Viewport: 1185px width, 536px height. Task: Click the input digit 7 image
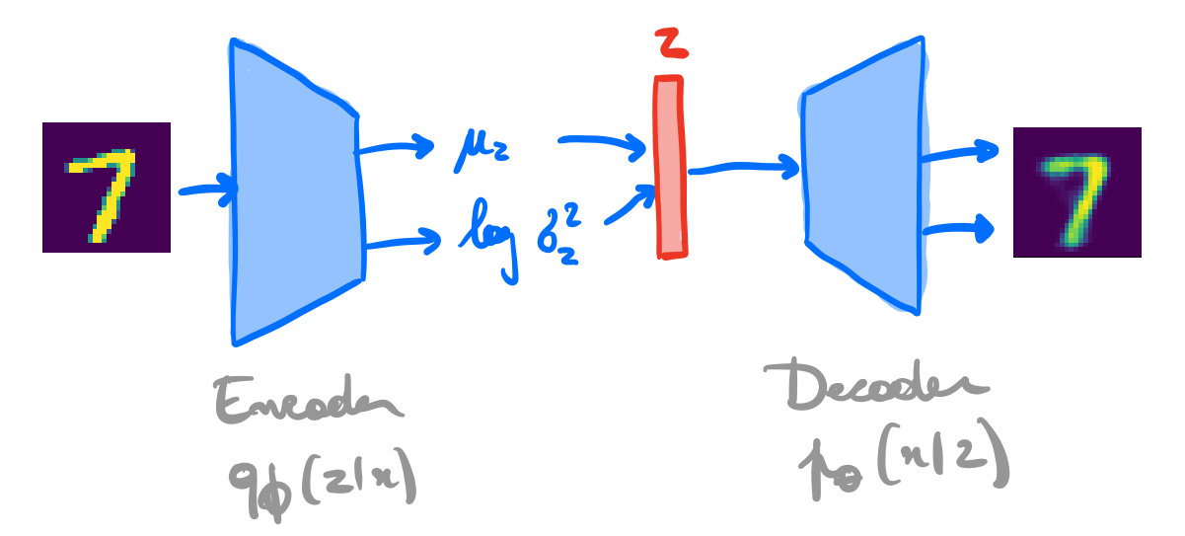(x=107, y=188)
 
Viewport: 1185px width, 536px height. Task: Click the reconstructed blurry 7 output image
(x=1076, y=192)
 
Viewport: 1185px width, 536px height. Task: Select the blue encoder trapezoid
(x=294, y=192)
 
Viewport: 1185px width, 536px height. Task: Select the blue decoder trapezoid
(x=864, y=178)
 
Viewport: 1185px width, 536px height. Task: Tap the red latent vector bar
(x=670, y=168)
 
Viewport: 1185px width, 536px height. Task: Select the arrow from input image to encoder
(x=207, y=191)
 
